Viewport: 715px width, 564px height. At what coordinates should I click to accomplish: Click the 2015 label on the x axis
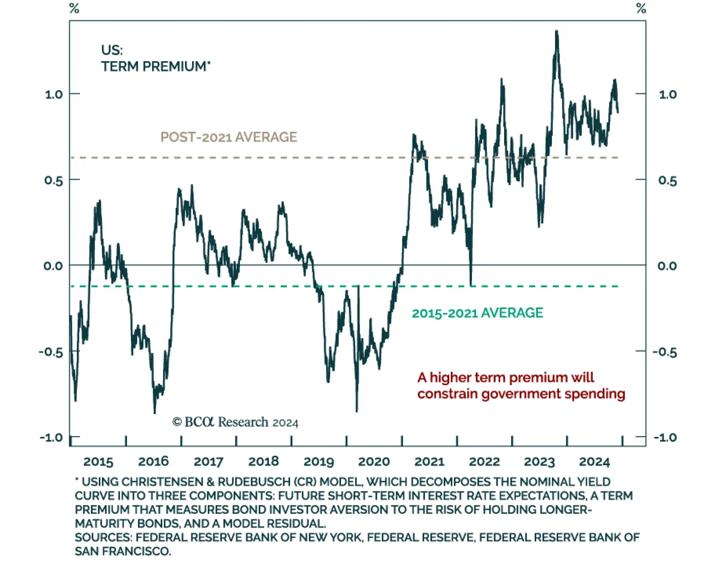(98, 461)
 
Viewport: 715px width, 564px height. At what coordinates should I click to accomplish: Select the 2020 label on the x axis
(374, 461)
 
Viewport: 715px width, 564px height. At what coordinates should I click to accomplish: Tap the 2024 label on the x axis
(594, 461)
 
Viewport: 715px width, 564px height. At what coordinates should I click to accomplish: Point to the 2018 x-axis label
(264, 461)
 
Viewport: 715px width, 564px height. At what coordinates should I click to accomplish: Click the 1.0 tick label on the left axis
(54, 94)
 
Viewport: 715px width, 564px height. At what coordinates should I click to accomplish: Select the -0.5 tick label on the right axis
(665, 352)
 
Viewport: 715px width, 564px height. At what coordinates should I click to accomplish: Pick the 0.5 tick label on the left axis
(54, 180)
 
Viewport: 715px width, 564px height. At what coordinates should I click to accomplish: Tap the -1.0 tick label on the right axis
(665, 437)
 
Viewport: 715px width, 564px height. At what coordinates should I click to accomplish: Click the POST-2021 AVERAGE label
(229, 137)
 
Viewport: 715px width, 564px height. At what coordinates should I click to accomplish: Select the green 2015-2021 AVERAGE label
(477, 313)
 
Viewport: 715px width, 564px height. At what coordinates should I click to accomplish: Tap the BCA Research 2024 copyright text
(236, 422)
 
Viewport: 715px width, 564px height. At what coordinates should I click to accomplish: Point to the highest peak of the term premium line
(556, 31)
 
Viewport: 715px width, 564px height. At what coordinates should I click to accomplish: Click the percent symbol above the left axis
(74, 8)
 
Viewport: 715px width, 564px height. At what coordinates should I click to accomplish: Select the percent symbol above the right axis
(641, 8)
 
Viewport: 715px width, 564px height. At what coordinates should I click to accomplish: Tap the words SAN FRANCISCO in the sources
(123, 551)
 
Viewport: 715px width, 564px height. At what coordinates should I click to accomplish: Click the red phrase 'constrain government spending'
(521, 394)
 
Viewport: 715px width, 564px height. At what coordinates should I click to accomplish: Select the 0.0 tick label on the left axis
(53, 266)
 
